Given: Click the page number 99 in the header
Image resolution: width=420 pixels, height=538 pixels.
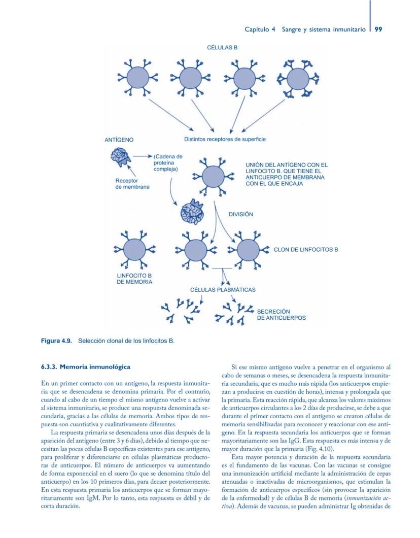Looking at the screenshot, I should [x=378, y=29].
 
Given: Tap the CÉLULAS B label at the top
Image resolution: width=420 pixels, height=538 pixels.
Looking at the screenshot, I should [x=222, y=47].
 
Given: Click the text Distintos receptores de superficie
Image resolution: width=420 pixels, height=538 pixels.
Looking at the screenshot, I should [x=224, y=139].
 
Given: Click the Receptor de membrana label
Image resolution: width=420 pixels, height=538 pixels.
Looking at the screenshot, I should [x=127, y=183].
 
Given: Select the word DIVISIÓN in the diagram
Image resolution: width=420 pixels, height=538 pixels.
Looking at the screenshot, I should [x=240, y=214].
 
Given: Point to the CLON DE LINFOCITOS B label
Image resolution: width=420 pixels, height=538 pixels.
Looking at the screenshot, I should [x=306, y=250].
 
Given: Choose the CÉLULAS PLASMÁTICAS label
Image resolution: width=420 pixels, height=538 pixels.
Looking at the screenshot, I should [x=222, y=290].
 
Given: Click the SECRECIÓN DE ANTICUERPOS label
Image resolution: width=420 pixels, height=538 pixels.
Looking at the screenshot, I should [x=281, y=315].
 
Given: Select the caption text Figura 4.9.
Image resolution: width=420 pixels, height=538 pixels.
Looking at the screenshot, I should [x=58, y=341].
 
